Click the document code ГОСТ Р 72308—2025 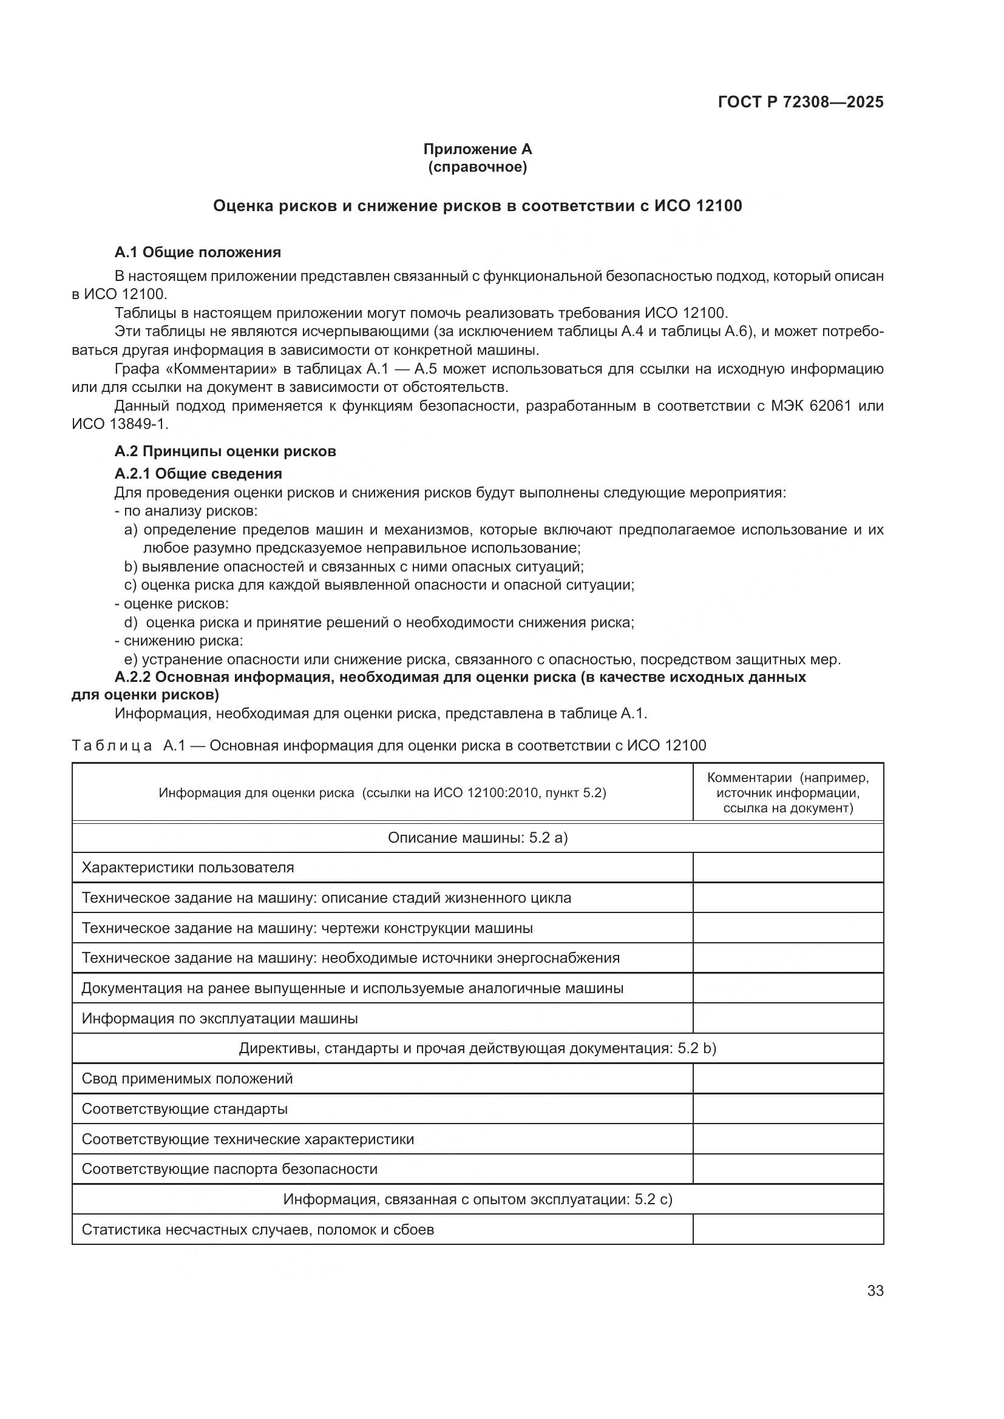800,102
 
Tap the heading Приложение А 477,149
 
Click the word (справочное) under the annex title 477,167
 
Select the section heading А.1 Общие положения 197,252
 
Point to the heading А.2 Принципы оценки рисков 225,451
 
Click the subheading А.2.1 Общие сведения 198,473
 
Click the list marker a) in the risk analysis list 131,530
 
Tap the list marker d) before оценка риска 131,622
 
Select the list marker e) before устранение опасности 131,659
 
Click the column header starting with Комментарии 788,792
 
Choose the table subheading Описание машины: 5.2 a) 477,837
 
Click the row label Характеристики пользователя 188,867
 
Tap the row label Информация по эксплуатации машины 220,1019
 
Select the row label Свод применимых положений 187,1079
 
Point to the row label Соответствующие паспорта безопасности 229,1169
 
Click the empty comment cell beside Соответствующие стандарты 788,1110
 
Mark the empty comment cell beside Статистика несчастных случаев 788,1230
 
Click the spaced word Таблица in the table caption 112,746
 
